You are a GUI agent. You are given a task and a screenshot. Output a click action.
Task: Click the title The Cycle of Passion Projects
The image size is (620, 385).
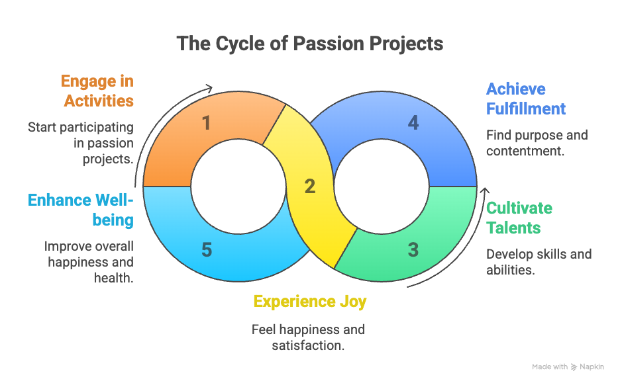coord(310,44)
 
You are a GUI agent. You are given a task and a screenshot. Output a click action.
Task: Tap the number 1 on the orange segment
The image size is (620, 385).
coord(207,122)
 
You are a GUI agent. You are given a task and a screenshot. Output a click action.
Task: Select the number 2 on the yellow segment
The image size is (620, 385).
coord(309,187)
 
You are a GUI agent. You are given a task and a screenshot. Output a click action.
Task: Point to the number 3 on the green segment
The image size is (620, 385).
coord(413,250)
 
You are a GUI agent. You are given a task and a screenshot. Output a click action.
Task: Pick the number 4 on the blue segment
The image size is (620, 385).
coord(413,122)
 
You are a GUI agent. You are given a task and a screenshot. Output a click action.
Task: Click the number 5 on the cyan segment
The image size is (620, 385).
coord(207,250)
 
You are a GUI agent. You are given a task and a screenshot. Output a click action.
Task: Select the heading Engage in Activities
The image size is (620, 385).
coord(97,91)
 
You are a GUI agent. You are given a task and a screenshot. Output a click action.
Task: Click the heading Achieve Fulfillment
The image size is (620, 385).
coord(526,99)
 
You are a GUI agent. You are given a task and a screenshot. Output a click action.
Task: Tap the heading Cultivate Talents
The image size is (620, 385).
coord(519,218)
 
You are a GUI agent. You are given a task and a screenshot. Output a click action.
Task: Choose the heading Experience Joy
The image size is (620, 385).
coord(309,302)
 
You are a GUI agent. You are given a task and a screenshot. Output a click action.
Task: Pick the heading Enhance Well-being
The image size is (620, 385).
coord(81,209)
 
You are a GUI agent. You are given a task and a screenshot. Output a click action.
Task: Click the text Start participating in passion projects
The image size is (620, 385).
coord(81,143)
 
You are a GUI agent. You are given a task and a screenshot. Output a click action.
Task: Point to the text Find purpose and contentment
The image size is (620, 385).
coord(537,143)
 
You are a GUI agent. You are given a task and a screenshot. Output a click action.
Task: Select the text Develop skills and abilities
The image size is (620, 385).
coord(539,262)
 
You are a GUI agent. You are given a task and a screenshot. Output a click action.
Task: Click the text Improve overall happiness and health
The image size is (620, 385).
coord(89,262)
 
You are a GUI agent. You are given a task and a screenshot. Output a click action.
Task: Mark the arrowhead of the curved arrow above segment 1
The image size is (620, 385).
coord(210,88)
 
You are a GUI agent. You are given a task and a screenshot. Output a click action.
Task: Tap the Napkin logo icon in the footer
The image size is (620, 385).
coord(574,367)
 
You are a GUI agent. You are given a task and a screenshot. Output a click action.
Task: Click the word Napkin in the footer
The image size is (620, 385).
coord(592,367)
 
